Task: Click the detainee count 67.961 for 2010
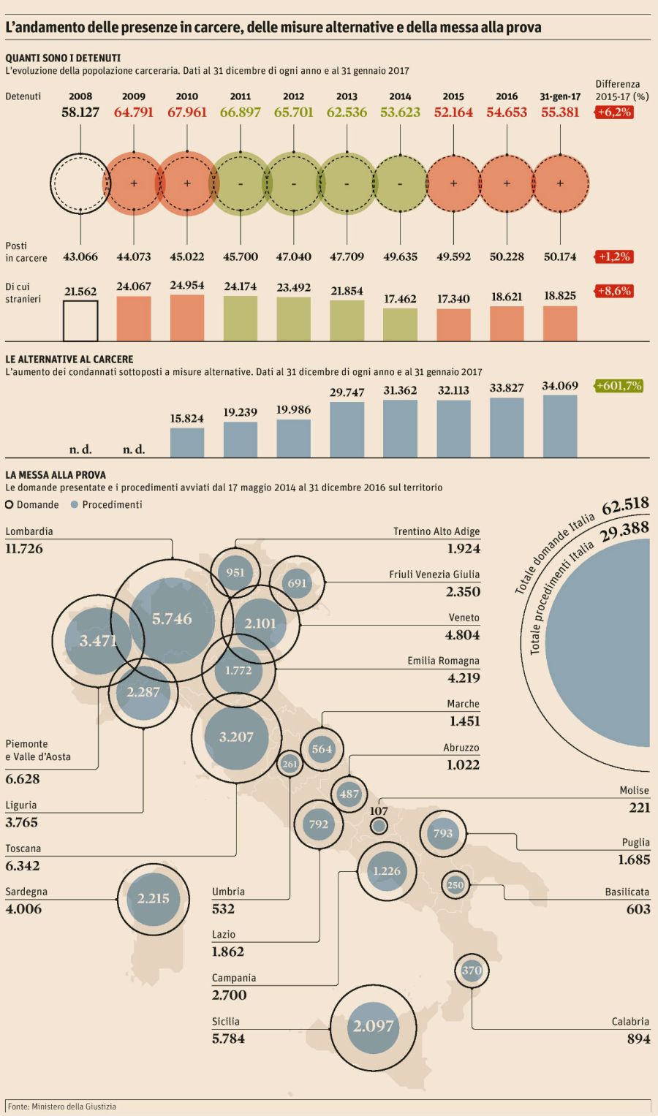[x=187, y=113]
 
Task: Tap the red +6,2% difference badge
[x=613, y=113]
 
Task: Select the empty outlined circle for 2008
[x=80, y=183]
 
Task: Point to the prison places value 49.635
[x=400, y=257]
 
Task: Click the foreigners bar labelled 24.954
[x=187, y=318]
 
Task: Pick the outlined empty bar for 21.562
[x=80, y=322]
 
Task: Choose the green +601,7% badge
[x=619, y=385]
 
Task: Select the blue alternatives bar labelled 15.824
[x=187, y=442]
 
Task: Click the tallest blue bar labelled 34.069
[x=560, y=426]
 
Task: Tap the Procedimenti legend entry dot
[x=75, y=504]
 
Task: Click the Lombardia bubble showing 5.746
[x=172, y=619]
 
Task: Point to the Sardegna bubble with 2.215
[x=153, y=899]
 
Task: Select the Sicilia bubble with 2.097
[x=373, y=1026]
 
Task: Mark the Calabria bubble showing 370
[x=472, y=971]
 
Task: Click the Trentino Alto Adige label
[x=436, y=531]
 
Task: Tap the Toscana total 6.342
[x=23, y=866]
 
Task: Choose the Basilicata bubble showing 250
[x=455, y=885]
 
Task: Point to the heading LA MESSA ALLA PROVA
[x=56, y=474]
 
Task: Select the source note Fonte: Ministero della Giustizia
[x=62, y=1106]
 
